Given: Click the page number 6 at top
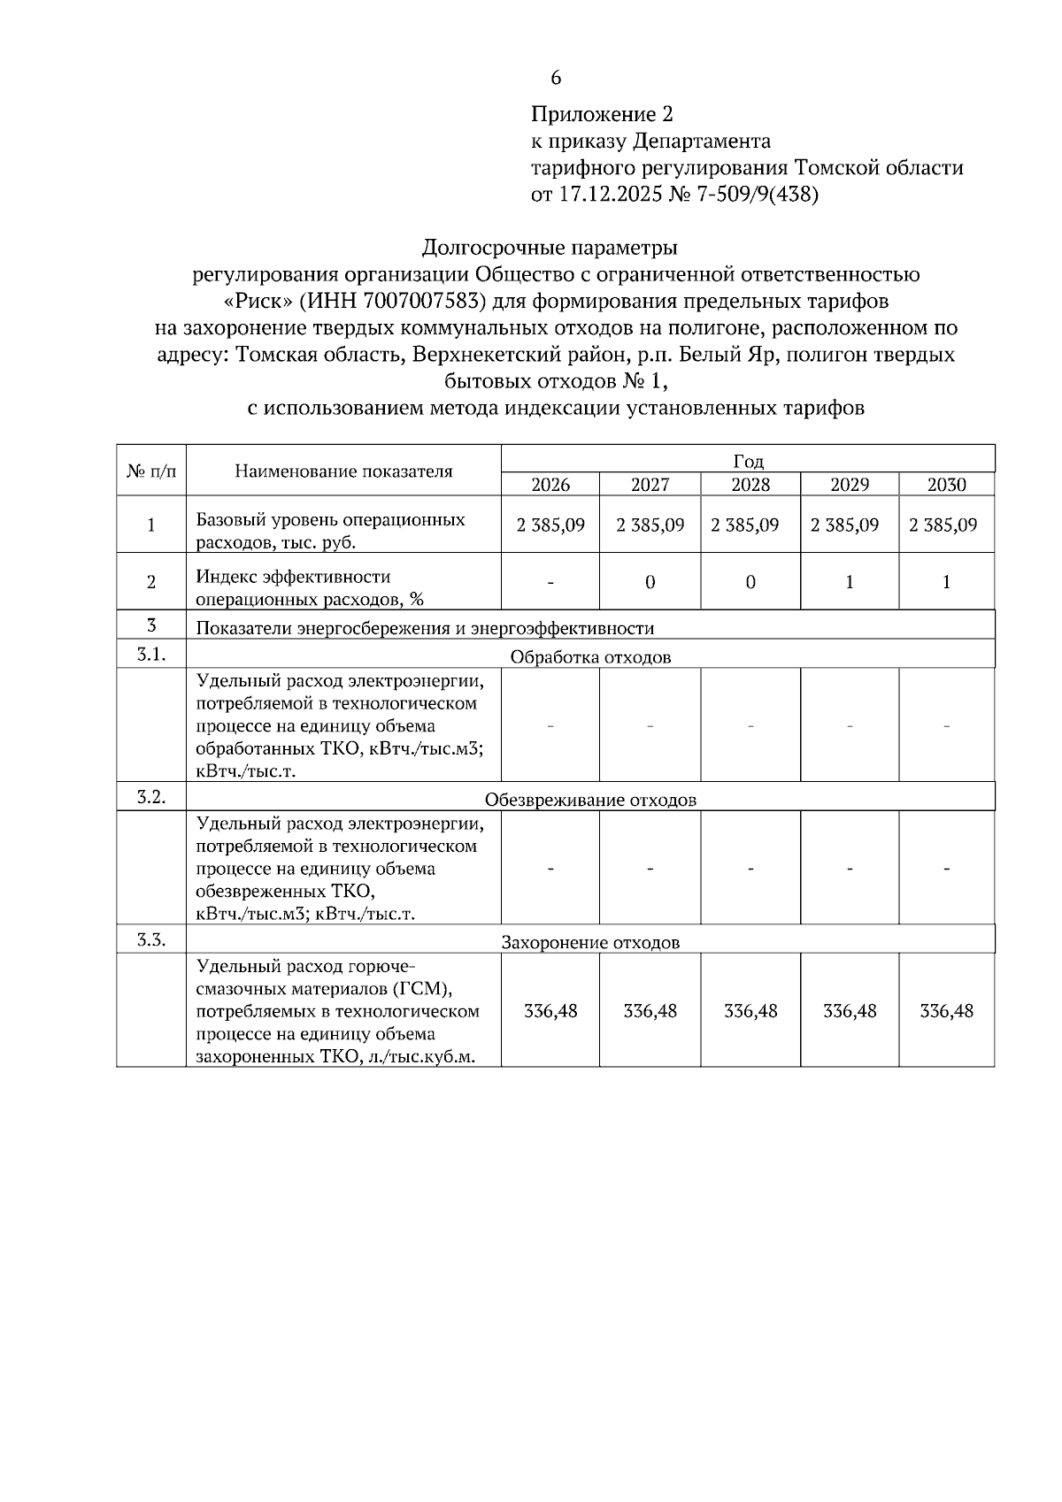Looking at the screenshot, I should [556, 78].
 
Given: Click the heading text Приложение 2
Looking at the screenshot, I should [602, 114].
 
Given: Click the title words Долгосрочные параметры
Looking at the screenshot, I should [550, 246].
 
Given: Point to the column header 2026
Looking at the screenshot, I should [550, 485].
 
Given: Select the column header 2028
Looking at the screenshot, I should [750, 485].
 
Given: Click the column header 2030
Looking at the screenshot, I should [946, 485].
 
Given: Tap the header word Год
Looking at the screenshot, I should [748, 461].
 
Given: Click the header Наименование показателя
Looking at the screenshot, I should [343, 471].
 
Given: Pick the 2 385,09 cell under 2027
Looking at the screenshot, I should [650, 525].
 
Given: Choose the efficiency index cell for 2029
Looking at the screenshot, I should [850, 583].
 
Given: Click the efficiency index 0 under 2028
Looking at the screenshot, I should [750, 583].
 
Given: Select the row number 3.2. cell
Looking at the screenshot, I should [151, 796].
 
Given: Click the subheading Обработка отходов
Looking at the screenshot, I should [590, 657].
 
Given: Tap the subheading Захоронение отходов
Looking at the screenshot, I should [590, 943].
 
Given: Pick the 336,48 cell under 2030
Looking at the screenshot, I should [946, 1011].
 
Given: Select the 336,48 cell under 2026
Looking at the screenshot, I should [550, 1011].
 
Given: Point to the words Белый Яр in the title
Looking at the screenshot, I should [708, 356].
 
